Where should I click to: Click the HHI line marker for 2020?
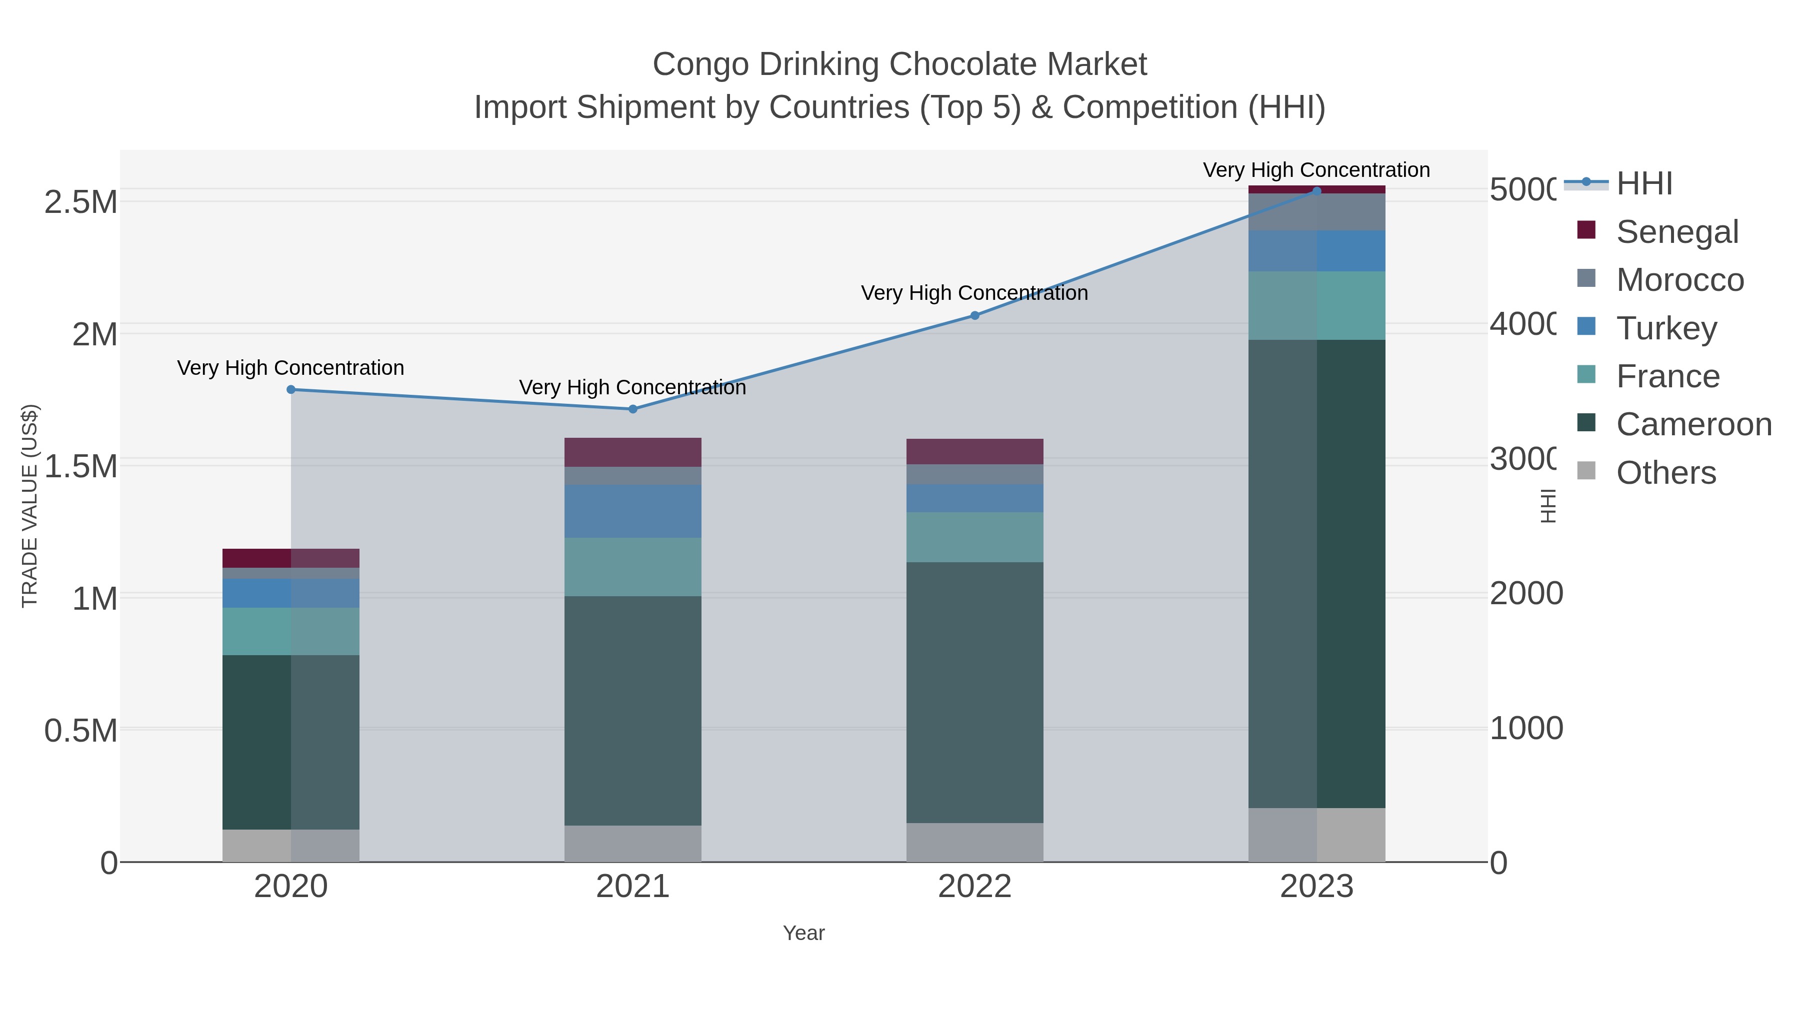tap(291, 390)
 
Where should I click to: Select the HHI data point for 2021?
tap(633, 409)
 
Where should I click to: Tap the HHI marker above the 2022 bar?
tap(975, 316)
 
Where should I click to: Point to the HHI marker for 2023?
tap(1316, 191)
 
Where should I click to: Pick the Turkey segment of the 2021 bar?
tap(632, 511)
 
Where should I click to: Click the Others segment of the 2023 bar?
tap(1316, 835)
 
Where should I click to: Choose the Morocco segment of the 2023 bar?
tap(1316, 212)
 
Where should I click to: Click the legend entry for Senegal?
tap(1676, 232)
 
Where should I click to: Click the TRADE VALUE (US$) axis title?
tap(30, 506)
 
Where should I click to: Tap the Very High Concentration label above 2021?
tap(632, 388)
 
